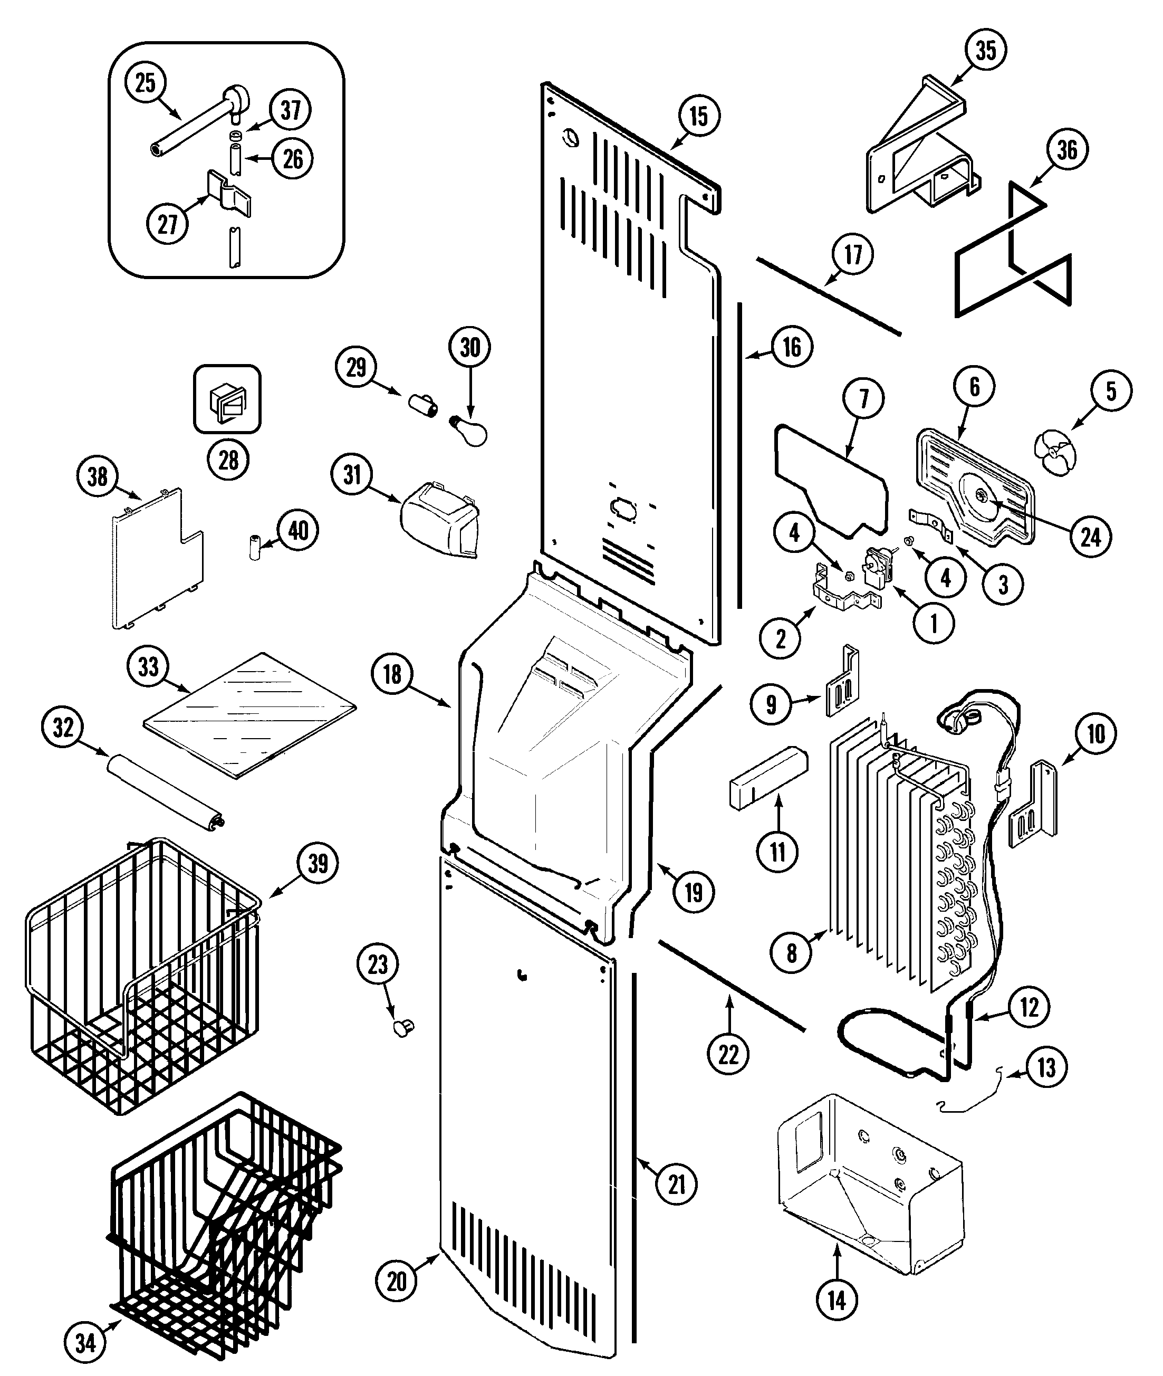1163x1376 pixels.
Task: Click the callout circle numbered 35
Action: tap(986, 50)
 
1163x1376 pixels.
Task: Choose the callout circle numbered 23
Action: tap(378, 965)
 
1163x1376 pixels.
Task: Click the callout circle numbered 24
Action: tap(1091, 538)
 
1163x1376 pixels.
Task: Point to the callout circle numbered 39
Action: tap(318, 863)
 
